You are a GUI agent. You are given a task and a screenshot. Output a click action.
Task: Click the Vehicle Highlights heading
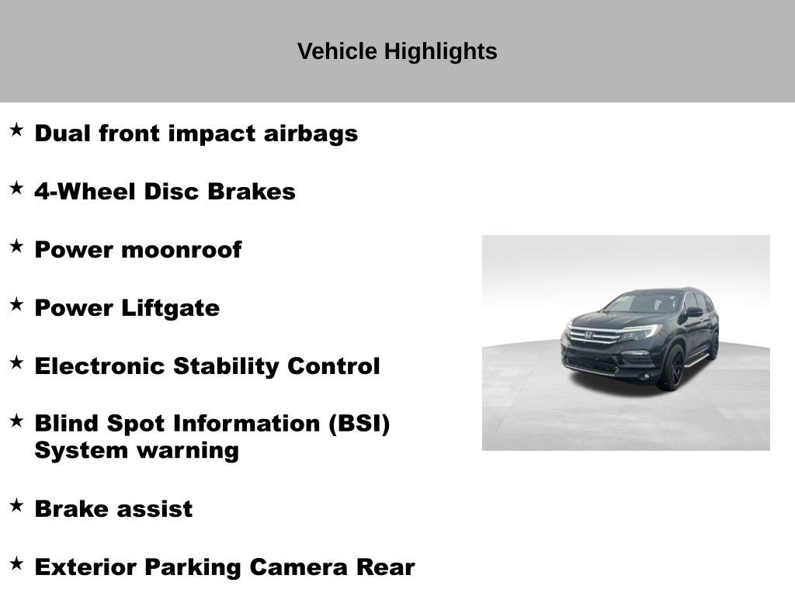tap(397, 52)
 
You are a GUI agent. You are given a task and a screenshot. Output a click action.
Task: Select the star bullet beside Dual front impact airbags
tap(16, 130)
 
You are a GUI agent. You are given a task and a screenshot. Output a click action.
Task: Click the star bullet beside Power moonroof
tap(16, 247)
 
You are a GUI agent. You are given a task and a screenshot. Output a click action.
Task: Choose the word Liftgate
tap(170, 308)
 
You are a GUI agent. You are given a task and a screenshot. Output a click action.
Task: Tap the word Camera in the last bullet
tap(299, 567)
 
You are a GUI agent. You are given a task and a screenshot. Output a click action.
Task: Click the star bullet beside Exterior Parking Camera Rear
tap(16, 564)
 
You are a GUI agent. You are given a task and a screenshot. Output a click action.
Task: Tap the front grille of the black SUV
tap(594, 337)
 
